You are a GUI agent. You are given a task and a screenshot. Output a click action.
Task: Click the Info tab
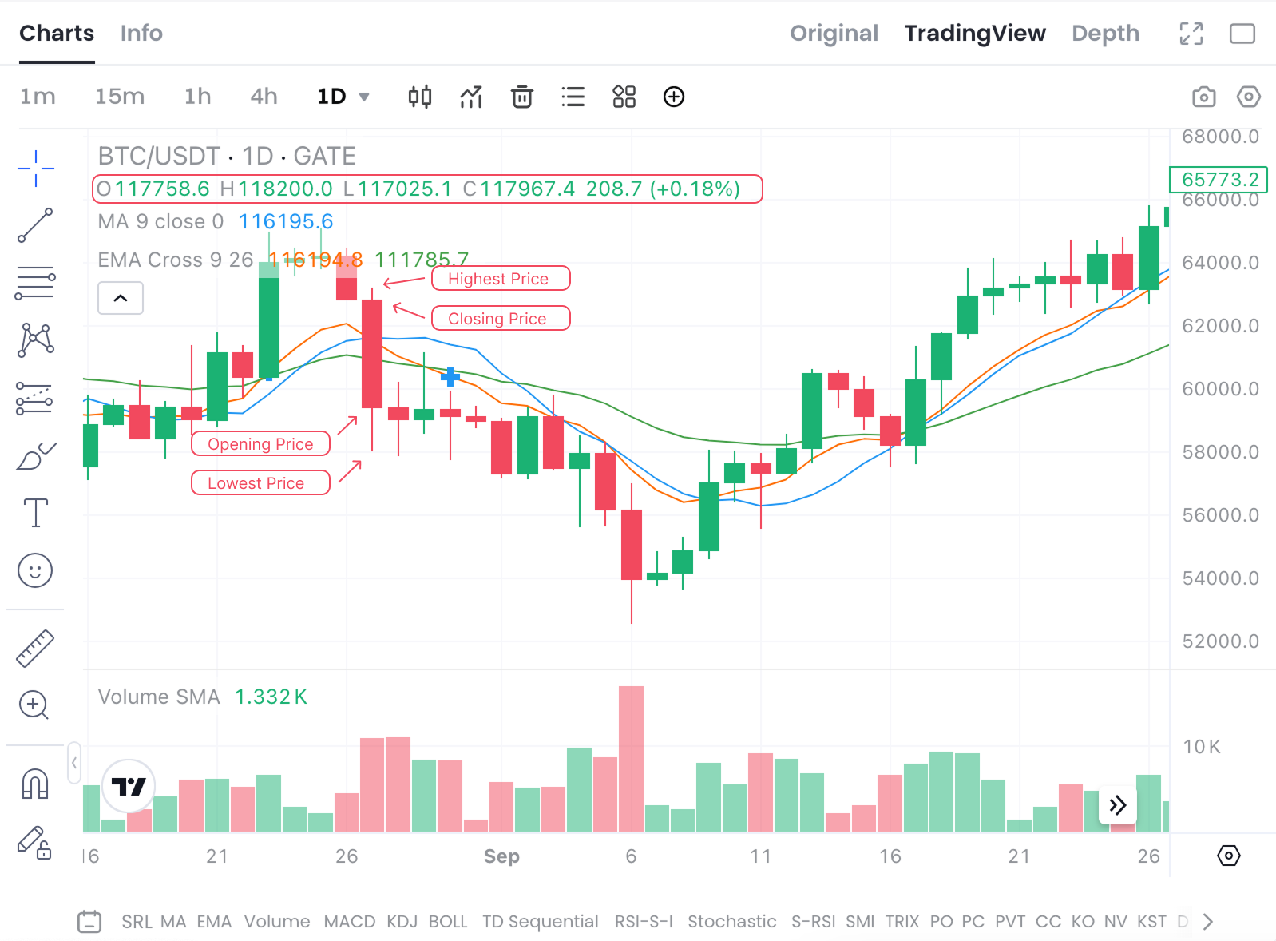point(141,33)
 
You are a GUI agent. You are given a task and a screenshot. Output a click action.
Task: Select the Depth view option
point(1105,33)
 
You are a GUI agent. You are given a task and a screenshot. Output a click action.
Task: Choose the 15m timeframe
point(120,97)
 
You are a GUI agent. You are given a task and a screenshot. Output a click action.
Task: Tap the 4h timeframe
point(264,97)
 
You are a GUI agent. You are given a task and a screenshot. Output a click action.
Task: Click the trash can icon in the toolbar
point(522,97)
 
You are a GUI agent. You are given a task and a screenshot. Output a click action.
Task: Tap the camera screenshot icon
point(1203,97)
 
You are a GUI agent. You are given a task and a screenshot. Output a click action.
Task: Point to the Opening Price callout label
point(260,443)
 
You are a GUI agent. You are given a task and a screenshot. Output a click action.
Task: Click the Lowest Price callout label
point(260,482)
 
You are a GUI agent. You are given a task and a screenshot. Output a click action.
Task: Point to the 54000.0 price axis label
point(1219,578)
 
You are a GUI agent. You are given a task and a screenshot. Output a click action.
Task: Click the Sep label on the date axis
point(501,856)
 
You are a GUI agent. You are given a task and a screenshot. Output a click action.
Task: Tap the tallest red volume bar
point(631,759)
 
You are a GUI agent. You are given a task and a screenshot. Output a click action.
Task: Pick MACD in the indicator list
point(349,921)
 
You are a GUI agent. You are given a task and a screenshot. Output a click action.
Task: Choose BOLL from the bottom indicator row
point(448,921)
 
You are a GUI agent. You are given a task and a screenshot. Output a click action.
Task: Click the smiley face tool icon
point(35,570)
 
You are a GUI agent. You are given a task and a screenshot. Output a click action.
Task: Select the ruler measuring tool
point(35,648)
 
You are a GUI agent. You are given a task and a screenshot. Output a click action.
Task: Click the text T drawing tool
point(35,512)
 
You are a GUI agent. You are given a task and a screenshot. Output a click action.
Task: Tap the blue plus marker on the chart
point(450,376)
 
